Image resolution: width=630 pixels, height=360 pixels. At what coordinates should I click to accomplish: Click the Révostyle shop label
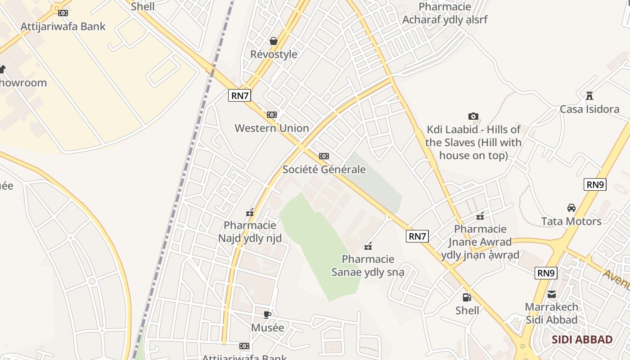(274, 54)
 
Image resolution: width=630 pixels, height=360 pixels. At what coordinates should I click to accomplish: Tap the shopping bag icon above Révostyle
(273, 41)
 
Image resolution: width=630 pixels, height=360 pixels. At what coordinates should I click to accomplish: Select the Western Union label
(272, 128)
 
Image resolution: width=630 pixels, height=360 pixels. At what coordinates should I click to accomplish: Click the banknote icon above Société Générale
(324, 156)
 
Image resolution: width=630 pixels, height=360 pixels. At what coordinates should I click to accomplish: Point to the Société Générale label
(324, 170)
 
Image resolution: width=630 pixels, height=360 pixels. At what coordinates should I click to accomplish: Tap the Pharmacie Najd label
(250, 231)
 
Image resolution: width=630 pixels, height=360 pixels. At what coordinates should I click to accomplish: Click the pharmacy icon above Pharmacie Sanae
(368, 246)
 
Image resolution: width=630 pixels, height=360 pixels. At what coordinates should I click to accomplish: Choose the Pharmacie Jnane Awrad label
(480, 242)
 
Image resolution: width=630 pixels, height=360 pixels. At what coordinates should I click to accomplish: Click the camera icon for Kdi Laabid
(473, 117)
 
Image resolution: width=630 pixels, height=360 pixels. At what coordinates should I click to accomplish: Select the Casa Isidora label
(589, 109)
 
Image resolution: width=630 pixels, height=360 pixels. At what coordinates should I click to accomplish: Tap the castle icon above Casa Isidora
(589, 96)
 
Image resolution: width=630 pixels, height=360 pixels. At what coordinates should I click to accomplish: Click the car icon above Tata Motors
(571, 208)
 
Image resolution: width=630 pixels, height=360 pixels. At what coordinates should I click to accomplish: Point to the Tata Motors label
(571, 221)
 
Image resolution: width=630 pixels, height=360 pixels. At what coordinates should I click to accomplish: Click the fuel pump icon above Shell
(467, 297)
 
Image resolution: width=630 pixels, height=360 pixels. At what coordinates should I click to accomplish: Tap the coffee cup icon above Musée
(267, 315)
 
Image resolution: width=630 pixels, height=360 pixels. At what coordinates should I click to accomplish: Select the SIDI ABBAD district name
(582, 340)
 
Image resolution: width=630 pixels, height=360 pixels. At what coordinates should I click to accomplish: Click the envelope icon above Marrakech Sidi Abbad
(552, 294)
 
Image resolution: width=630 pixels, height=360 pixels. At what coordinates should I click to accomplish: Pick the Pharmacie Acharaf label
(445, 13)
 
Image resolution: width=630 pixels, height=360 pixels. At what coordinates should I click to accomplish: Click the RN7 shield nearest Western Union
(239, 95)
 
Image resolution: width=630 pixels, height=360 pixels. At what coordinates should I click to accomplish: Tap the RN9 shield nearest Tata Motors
(595, 184)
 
